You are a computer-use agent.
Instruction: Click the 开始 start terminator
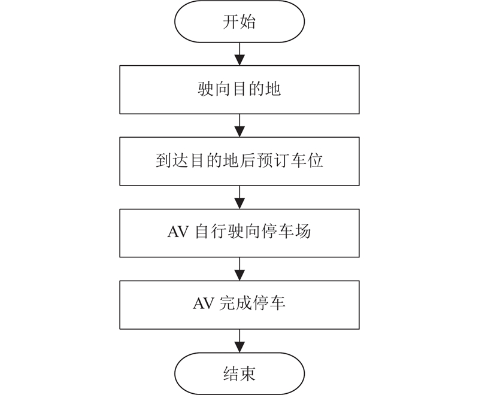tap(239, 22)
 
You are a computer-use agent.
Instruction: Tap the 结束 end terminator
tap(239, 373)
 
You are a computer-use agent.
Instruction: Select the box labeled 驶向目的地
tap(239, 90)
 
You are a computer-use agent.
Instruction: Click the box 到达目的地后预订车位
tap(239, 161)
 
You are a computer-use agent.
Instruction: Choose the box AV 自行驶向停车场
tap(239, 233)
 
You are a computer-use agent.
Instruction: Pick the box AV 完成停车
tap(239, 305)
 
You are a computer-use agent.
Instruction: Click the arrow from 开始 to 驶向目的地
tap(239, 54)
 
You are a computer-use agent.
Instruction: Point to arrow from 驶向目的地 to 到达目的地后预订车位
tap(239, 126)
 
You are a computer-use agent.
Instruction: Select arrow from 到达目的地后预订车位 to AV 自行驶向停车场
tap(239, 197)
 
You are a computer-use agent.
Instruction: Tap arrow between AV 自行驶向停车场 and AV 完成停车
tap(239, 269)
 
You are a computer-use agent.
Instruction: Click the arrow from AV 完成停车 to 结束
tap(239, 341)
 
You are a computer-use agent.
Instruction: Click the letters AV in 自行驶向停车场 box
tap(178, 232)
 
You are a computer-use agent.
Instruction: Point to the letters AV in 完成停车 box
tap(203, 303)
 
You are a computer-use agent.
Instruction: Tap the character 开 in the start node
tap(231, 22)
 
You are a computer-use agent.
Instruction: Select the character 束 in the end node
tap(247, 373)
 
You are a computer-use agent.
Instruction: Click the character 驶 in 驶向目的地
tap(205, 89)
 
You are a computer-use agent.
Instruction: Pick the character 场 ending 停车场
tap(303, 232)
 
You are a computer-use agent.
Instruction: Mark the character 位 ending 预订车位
tap(316, 160)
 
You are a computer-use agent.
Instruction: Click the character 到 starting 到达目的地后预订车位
tap(163, 160)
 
